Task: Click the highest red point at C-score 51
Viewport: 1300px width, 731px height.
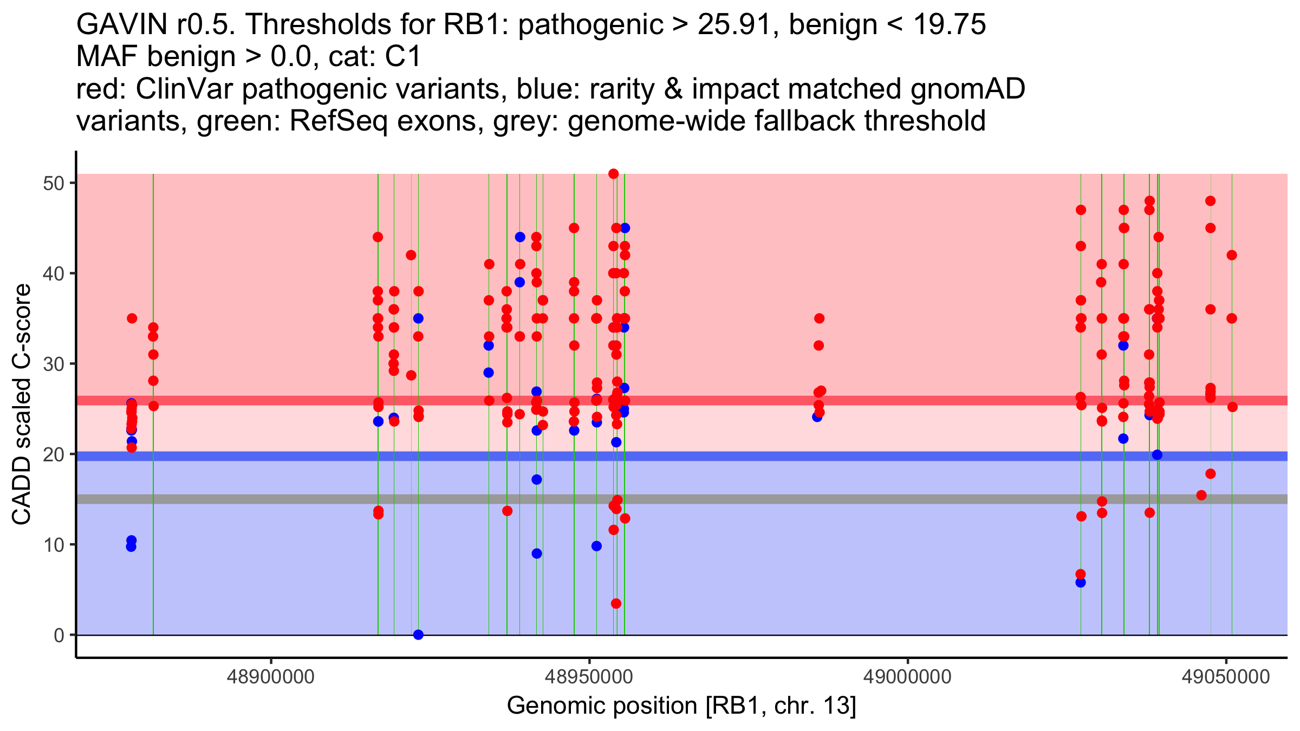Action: (613, 174)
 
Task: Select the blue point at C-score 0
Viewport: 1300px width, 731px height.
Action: (418, 635)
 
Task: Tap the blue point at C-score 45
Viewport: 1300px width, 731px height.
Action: (625, 228)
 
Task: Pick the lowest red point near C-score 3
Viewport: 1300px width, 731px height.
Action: (616, 604)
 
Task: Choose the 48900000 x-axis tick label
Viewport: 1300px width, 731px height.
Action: (271, 677)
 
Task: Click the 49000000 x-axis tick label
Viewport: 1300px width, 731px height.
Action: (907, 677)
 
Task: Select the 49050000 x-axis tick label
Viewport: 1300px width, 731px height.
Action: (1226, 677)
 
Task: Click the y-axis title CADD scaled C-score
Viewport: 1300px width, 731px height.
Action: (22, 404)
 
